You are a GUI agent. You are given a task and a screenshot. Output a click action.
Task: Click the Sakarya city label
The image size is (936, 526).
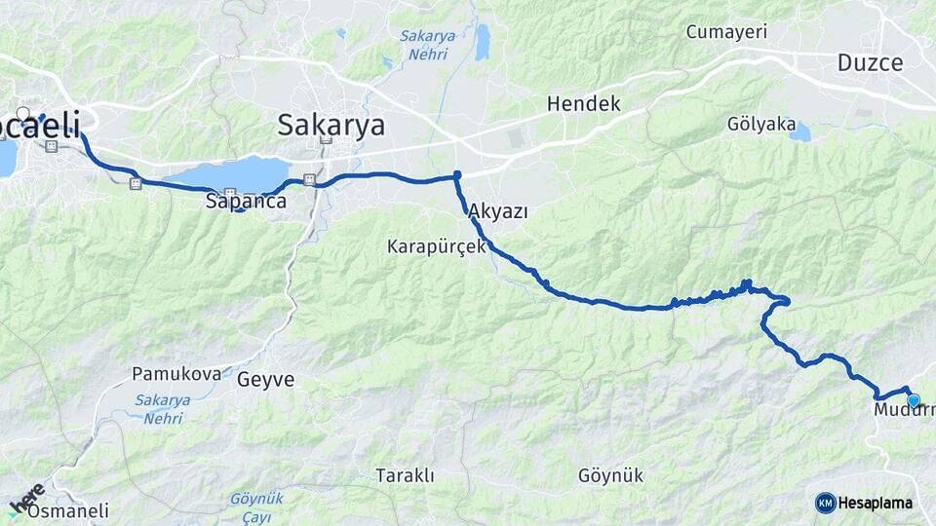point(331,125)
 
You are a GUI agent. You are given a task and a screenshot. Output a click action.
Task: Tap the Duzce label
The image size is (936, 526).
point(870,62)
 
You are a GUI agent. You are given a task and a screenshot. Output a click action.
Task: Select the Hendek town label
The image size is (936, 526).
point(583,103)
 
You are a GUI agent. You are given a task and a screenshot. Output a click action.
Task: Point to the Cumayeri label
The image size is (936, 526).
point(726,32)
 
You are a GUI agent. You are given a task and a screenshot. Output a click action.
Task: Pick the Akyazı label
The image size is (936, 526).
point(497,211)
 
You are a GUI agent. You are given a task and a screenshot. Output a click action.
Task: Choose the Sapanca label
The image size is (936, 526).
point(246,202)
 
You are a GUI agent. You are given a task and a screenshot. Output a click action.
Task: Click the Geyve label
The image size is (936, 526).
point(265,380)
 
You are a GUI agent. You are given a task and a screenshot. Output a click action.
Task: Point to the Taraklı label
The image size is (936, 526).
point(405,475)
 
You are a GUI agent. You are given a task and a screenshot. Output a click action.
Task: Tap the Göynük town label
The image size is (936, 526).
point(610,476)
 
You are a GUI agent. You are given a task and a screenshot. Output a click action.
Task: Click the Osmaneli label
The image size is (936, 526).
point(68,510)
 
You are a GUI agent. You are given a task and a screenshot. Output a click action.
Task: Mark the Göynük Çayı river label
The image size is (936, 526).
point(255,505)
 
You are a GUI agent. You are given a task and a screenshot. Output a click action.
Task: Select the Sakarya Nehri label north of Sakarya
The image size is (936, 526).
point(427,45)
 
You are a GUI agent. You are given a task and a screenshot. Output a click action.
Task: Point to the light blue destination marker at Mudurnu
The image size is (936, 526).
point(913,399)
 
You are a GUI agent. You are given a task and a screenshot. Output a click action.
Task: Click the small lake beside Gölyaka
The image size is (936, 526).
point(799,132)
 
